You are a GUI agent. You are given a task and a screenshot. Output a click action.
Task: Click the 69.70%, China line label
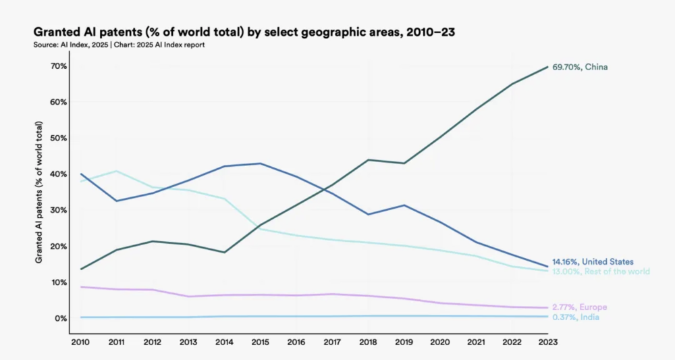580,67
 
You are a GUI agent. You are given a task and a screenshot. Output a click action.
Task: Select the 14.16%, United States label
593,261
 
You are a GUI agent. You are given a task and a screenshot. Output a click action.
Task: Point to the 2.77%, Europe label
579,307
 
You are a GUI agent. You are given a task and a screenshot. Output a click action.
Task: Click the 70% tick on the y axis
57,66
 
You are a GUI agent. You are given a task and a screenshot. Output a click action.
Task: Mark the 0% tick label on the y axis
60,318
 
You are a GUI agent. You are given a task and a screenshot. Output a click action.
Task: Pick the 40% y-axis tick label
57,174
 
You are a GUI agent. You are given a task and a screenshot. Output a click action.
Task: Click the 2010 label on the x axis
81,342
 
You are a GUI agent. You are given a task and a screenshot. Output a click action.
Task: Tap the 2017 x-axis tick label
333,342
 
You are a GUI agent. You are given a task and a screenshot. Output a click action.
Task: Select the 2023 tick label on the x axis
548,342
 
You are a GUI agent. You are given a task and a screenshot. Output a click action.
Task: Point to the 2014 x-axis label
225,342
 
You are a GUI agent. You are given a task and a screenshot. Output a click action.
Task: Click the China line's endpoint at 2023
547,67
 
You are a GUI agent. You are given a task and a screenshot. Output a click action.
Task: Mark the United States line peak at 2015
261,163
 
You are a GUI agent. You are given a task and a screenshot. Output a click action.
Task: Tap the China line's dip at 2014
225,253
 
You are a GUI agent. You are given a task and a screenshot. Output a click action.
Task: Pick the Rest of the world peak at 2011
117,171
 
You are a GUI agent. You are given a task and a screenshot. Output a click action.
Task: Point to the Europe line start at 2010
81,287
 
